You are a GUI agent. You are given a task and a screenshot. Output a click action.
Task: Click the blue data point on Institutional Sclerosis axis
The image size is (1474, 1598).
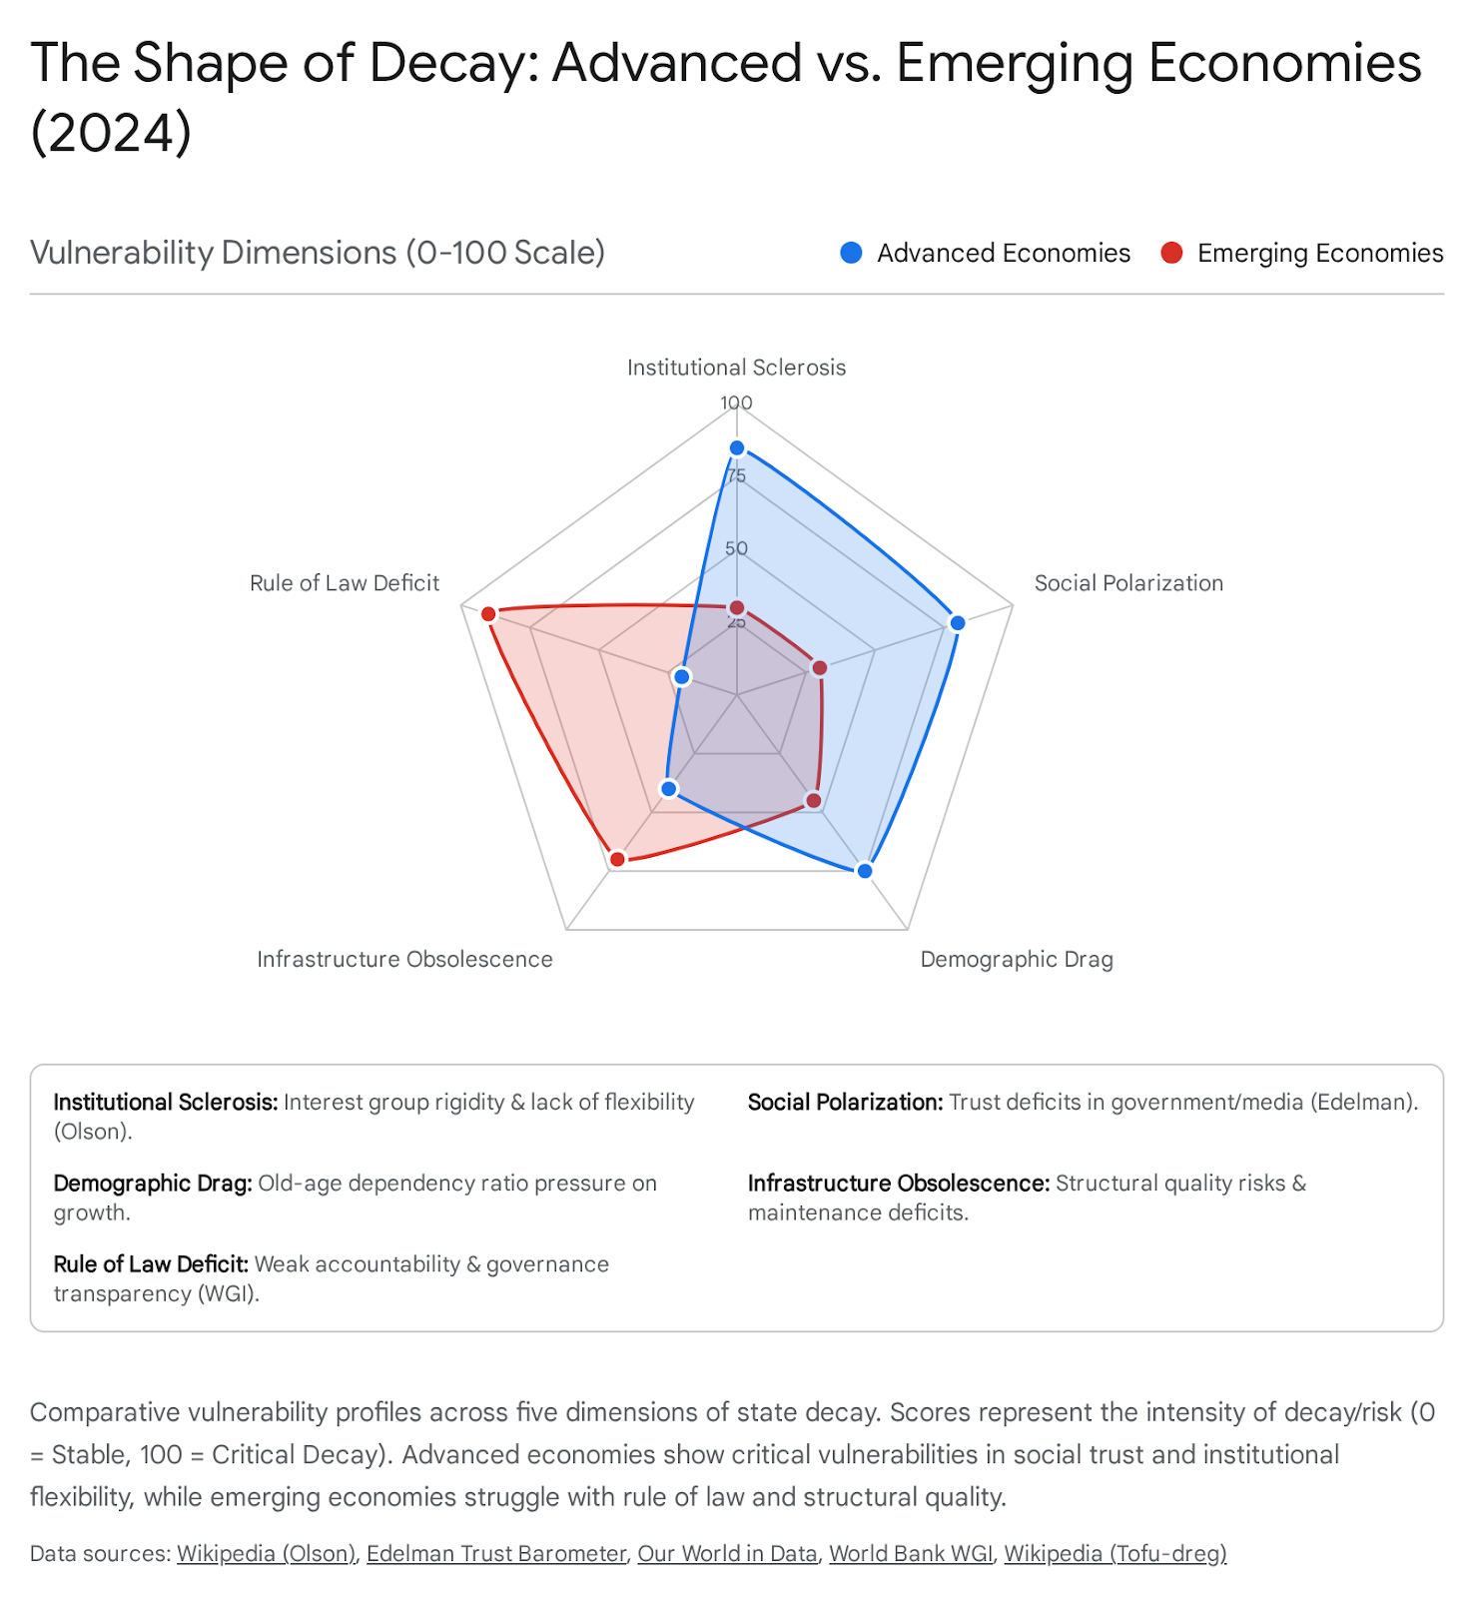click(737, 447)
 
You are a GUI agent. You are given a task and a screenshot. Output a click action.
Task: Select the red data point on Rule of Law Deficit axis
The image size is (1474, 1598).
click(488, 613)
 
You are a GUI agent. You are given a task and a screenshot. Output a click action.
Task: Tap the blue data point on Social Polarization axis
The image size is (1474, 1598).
click(958, 623)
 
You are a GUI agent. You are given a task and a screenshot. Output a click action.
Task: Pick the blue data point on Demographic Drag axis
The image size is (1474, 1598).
click(865, 871)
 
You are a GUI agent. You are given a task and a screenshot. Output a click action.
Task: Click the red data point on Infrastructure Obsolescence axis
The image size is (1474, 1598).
click(617, 859)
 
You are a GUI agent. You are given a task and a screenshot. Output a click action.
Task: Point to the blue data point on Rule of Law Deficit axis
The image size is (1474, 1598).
click(682, 677)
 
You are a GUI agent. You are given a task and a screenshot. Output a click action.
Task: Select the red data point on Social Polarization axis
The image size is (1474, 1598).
click(820, 667)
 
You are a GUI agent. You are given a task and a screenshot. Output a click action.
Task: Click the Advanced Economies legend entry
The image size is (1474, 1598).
click(986, 254)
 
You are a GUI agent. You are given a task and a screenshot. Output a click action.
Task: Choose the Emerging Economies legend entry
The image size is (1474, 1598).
click(1302, 254)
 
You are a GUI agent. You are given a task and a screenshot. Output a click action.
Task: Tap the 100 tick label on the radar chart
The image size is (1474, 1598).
click(737, 402)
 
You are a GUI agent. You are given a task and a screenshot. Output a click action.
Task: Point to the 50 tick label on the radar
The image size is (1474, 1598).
click(737, 548)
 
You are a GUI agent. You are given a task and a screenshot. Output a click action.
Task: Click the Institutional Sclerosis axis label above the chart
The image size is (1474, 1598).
click(737, 368)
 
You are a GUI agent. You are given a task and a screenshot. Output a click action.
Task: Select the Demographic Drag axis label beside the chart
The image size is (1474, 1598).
click(1017, 959)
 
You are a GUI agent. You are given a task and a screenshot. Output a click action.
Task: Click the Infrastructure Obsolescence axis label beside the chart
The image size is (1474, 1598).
click(404, 959)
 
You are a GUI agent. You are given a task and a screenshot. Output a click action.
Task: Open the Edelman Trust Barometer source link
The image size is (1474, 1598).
click(496, 1553)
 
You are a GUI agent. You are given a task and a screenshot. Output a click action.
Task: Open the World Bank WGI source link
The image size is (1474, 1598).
click(911, 1553)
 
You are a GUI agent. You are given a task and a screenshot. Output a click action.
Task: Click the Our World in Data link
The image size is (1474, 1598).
click(727, 1553)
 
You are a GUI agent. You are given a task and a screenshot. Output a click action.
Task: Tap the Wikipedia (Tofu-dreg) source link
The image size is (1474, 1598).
click(1114, 1553)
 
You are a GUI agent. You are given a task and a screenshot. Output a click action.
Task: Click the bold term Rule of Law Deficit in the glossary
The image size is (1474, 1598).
click(151, 1263)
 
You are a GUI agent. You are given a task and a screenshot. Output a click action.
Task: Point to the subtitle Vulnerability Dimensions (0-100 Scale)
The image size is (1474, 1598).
click(318, 253)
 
